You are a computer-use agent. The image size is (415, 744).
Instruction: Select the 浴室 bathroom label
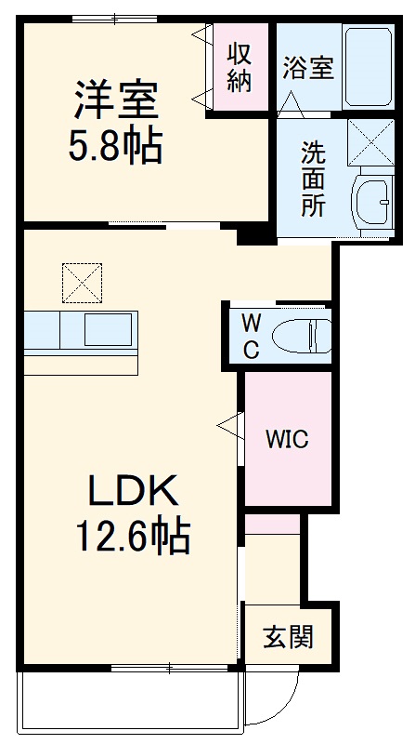308,68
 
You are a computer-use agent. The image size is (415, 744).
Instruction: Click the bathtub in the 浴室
369,68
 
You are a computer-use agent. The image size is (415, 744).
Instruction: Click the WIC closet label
287,438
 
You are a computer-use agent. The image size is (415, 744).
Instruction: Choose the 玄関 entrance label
287,637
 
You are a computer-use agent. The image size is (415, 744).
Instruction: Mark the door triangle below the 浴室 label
292,102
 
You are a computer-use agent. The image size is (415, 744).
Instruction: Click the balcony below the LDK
130,698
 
